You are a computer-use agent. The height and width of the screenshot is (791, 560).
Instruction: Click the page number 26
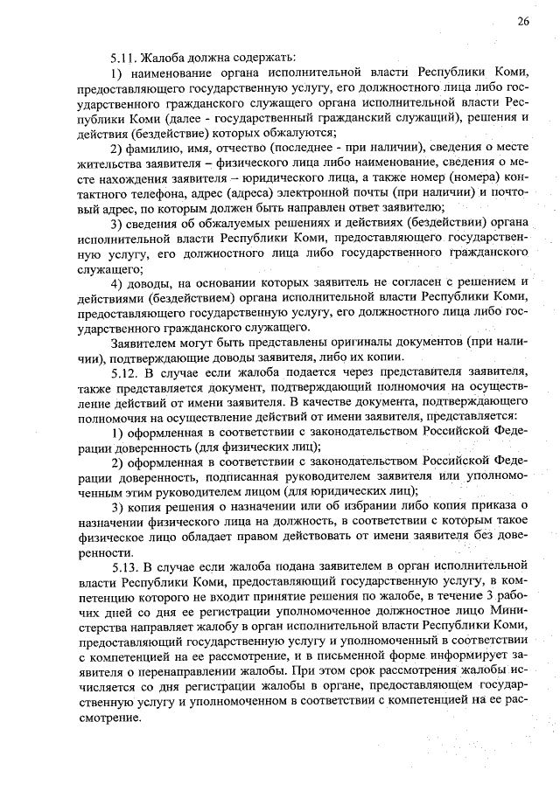click(522, 21)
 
